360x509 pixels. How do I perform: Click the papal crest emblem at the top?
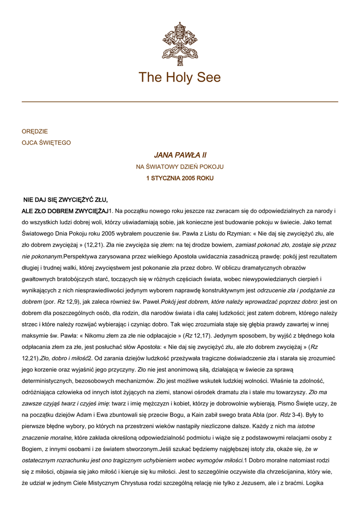(180, 44)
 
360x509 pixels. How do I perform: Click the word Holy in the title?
(180, 78)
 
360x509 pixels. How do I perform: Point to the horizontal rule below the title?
(180, 102)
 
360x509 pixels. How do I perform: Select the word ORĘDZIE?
(35, 132)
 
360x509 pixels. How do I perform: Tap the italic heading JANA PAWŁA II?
(180, 156)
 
